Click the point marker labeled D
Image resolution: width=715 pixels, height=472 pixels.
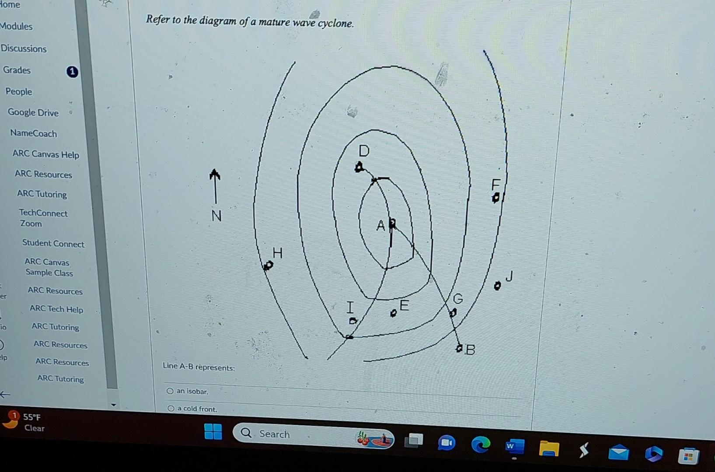pos(359,167)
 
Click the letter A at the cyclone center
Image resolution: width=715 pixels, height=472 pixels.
pos(380,226)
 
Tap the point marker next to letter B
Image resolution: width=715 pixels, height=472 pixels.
pos(459,348)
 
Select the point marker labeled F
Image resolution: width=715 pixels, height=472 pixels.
pos(495,198)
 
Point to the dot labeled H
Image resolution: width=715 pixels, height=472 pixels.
pos(268,265)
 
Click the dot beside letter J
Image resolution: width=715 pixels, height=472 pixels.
pos(497,286)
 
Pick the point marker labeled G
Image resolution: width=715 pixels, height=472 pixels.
pos(453,313)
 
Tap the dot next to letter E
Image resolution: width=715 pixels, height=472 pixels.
pos(394,313)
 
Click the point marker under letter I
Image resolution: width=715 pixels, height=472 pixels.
pos(353,321)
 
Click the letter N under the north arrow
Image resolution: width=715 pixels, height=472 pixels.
pos(216,216)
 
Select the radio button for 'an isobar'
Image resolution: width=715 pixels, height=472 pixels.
pos(170,391)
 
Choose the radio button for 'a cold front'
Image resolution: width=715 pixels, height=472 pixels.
pos(171,409)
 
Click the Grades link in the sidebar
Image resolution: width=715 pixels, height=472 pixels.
pos(17,70)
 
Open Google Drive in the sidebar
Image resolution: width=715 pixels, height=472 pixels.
pos(33,112)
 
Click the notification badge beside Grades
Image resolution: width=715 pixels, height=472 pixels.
pos(72,72)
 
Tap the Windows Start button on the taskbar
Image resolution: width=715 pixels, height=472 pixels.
pos(213,432)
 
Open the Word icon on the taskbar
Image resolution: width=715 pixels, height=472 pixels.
pos(514,447)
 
